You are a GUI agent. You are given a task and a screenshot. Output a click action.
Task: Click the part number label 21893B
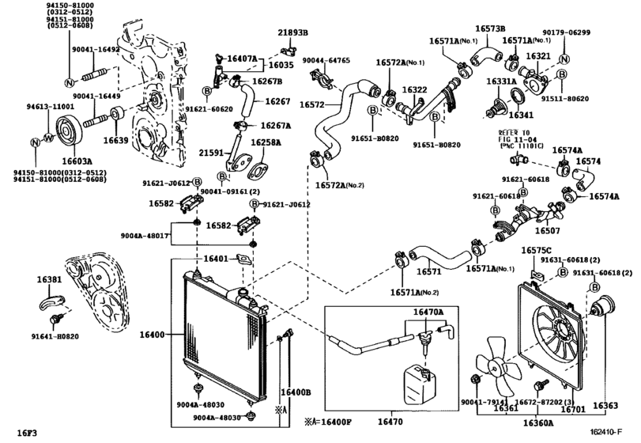292,32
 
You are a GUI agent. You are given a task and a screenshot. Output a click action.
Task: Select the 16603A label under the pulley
66,161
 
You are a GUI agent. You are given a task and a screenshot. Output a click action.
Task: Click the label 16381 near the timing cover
49,280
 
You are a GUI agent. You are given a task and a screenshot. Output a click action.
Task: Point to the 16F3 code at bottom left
28,432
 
